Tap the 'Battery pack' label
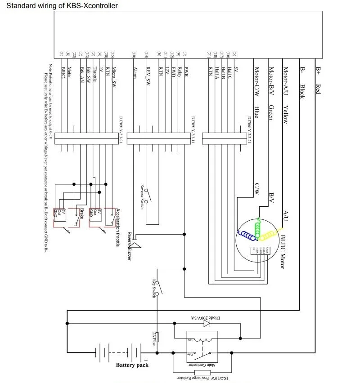coord(132,365)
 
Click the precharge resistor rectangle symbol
coord(202,373)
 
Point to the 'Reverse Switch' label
coord(142,198)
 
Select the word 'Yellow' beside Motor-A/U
coord(285,114)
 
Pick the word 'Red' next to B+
coord(318,89)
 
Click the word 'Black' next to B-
coord(302,91)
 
